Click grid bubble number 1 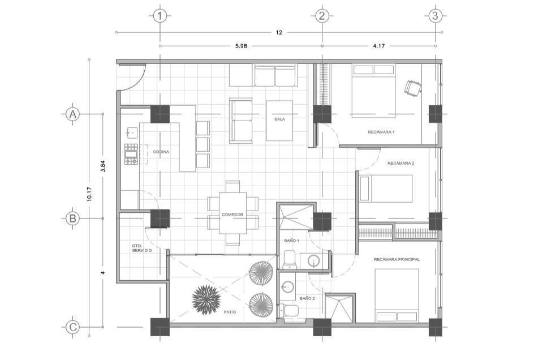pos(160,16)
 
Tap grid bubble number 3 pos(436,16)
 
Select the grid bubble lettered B pos(73,218)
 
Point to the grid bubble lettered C pos(73,327)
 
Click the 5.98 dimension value pos(241,46)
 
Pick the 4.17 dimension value pos(379,46)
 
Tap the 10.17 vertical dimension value pos(89,194)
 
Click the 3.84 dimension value pos(102,166)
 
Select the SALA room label pos(279,119)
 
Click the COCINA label pos(161,152)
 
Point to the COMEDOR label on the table pos(232,215)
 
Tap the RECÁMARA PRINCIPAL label pos(397,259)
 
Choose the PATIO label pos(230,312)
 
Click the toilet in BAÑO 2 pos(289,310)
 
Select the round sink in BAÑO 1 pos(314,261)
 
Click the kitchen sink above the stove pos(132,132)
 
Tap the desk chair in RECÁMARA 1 pos(412,87)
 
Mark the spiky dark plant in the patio pos(206,299)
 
